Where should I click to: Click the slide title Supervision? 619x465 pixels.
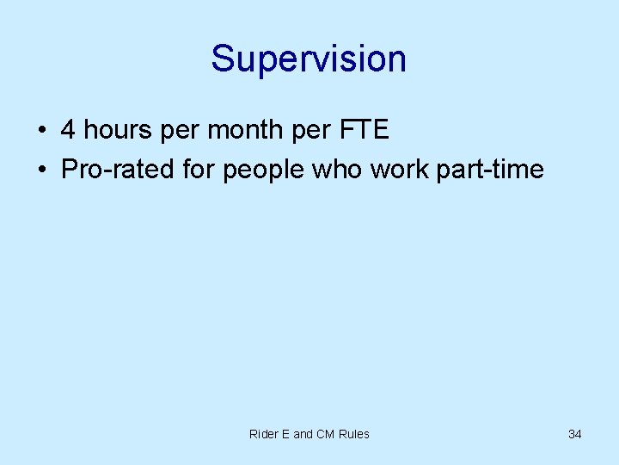click(x=309, y=59)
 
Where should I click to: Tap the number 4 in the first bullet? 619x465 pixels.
click(x=68, y=130)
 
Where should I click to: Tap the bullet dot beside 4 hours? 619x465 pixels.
click(x=41, y=131)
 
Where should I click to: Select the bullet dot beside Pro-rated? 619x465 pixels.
click(x=41, y=170)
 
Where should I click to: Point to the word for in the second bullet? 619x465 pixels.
click(x=199, y=169)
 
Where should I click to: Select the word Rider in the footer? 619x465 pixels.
click(x=263, y=434)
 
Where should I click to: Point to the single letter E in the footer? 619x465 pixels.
click(x=285, y=434)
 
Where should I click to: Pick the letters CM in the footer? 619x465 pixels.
click(x=325, y=434)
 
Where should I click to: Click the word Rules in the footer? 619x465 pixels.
click(x=354, y=434)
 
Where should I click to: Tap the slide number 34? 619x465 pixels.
click(x=575, y=434)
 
